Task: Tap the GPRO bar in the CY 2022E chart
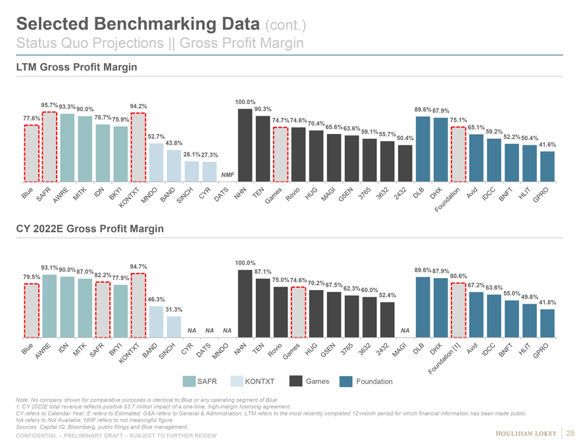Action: coord(547,323)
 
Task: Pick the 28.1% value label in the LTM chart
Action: coord(191,154)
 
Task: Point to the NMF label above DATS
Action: coord(228,174)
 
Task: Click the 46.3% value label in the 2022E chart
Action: coord(156,299)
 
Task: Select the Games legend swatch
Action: coord(295,381)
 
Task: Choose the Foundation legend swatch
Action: coord(346,381)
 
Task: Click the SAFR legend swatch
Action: coord(189,381)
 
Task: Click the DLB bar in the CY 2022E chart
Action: coord(423,306)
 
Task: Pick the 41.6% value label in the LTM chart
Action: coord(547,145)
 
